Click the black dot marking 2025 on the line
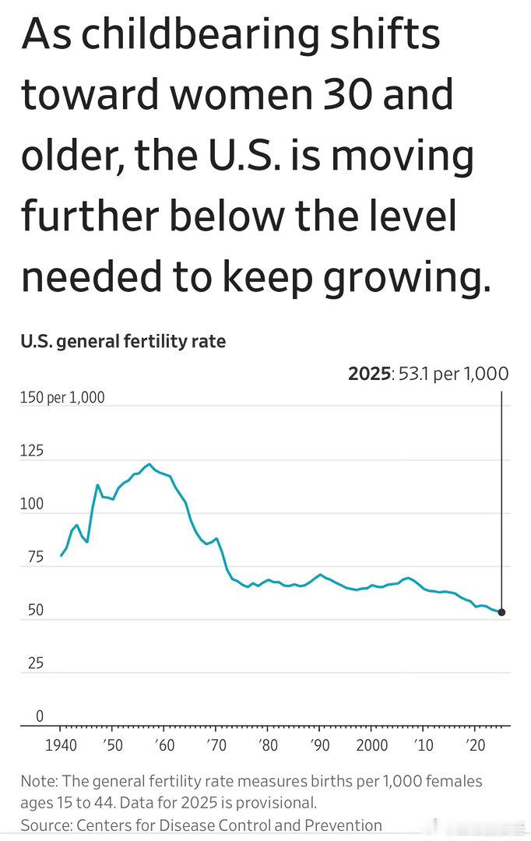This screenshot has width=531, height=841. (x=501, y=612)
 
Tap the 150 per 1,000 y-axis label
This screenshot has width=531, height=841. (x=62, y=398)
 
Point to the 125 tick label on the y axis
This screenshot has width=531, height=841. (x=32, y=451)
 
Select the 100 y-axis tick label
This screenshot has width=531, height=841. (x=32, y=504)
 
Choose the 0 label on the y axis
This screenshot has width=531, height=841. (x=39, y=716)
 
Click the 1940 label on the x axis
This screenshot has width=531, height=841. (x=60, y=745)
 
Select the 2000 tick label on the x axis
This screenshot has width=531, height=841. (x=371, y=745)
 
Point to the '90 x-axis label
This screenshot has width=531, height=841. (x=319, y=745)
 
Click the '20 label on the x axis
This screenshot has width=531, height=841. (x=475, y=745)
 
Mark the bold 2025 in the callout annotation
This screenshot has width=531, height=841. (x=369, y=374)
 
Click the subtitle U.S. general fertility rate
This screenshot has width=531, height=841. (x=123, y=341)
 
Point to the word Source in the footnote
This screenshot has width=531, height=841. (x=44, y=825)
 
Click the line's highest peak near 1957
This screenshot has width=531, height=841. (x=149, y=464)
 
